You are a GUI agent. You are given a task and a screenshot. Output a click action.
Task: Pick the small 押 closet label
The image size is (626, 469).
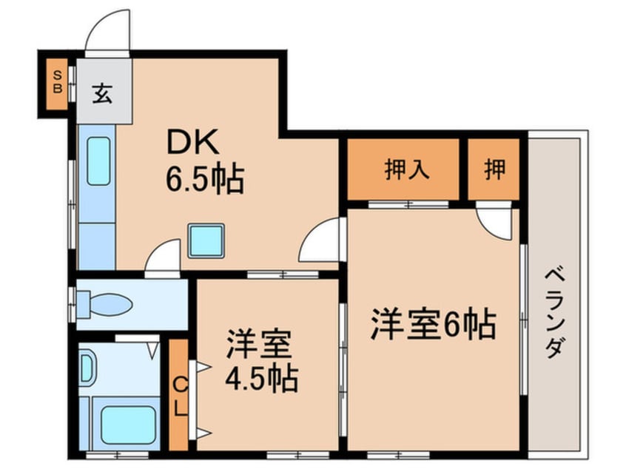[x=496, y=170]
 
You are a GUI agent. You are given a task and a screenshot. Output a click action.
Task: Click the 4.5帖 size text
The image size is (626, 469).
[x=261, y=380]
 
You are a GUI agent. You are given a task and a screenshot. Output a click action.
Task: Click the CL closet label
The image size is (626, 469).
[x=180, y=395]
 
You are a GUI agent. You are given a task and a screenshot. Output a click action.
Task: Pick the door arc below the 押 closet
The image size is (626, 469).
[x=493, y=220]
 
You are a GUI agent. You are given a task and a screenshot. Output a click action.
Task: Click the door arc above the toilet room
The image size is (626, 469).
[x=162, y=258]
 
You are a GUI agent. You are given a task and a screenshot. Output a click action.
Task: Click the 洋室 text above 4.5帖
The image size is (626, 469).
[x=261, y=346]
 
